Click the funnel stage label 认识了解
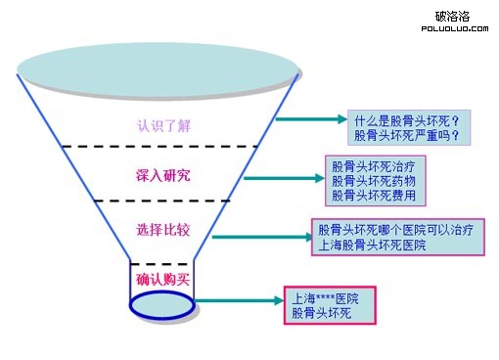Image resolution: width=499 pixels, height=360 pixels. point(161,125)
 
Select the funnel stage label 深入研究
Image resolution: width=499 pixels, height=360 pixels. point(162,176)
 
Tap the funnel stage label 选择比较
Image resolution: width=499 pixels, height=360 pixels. point(162,230)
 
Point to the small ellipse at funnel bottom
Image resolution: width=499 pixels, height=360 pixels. point(162,302)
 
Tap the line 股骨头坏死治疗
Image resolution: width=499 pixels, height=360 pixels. point(374,166)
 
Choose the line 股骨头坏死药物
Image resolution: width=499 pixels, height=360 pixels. point(374,181)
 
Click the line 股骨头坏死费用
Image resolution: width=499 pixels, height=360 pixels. point(374,196)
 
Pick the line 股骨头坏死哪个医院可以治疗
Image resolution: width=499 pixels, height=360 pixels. point(396,230)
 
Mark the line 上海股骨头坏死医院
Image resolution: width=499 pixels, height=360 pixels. point(373,245)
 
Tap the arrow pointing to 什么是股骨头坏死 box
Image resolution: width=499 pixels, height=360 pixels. point(308,118)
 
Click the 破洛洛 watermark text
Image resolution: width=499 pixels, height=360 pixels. point(452,17)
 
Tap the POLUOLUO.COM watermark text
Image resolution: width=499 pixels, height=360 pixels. point(453,28)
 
